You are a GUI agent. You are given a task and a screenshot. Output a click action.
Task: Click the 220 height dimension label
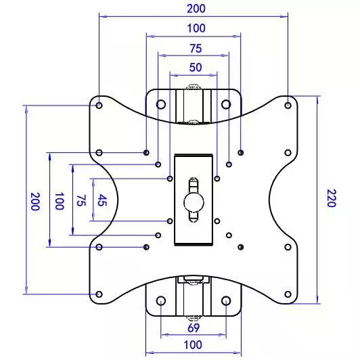(x=332, y=198)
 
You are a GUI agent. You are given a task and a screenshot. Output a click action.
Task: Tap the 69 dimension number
(x=194, y=328)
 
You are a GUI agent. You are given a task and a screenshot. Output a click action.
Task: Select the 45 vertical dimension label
(x=102, y=200)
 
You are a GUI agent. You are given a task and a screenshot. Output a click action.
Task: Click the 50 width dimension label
(x=196, y=67)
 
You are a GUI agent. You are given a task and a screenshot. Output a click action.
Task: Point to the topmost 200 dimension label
(x=196, y=9)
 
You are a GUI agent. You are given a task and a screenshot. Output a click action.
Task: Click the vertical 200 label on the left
(x=35, y=202)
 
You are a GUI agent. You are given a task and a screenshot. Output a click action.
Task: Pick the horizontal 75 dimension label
(x=196, y=49)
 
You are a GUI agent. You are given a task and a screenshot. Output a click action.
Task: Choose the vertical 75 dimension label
(x=81, y=201)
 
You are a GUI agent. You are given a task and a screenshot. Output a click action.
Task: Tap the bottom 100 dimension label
(x=193, y=345)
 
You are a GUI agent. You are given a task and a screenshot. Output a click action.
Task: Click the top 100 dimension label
(x=196, y=28)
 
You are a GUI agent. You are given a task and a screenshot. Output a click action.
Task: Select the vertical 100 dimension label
(x=60, y=201)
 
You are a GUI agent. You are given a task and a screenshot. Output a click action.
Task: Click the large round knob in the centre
(x=194, y=202)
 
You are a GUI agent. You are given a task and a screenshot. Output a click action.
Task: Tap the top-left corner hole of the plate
(x=99, y=106)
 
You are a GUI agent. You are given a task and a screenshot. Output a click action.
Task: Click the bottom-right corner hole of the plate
(x=288, y=294)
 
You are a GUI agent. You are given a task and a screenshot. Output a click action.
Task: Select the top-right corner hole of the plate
(x=288, y=106)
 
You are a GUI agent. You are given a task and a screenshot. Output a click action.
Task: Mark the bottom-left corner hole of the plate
(x=99, y=294)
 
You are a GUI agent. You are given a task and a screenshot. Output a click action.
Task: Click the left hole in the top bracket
(x=161, y=104)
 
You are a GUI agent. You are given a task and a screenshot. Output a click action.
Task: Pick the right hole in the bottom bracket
(x=226, y=300)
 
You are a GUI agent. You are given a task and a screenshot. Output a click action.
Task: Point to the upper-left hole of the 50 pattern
(x=170, y=179)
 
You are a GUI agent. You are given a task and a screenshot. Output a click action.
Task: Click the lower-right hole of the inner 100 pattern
(x=241, y=247)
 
